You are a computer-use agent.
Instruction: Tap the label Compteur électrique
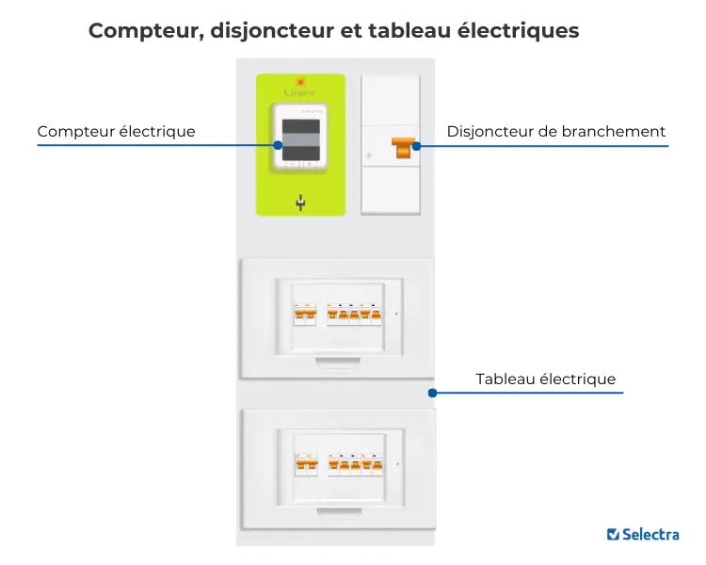click(x=116, y=132)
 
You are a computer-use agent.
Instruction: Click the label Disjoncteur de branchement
click(x=556, y=132)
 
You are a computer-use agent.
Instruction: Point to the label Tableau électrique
click(x=545, y=379)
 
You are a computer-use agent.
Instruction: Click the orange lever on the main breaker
click(x=404, y=147)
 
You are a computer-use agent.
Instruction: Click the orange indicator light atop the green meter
click(x=300, y=82)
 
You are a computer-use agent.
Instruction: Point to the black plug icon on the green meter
click(x=300, y=202)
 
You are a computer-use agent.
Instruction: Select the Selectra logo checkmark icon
click(x=613, y=534)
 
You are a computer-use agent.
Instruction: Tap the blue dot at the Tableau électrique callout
click(x=432, y=393)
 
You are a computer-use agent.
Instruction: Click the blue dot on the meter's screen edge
click(x=278, y=145)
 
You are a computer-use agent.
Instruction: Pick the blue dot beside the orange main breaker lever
click(x=417, y=146)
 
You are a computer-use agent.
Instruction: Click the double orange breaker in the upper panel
click(x=305, y=314)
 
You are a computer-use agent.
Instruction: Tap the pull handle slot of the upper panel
click(x=336, y=359)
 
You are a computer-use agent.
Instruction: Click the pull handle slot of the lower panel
click(x=336, y=509)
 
